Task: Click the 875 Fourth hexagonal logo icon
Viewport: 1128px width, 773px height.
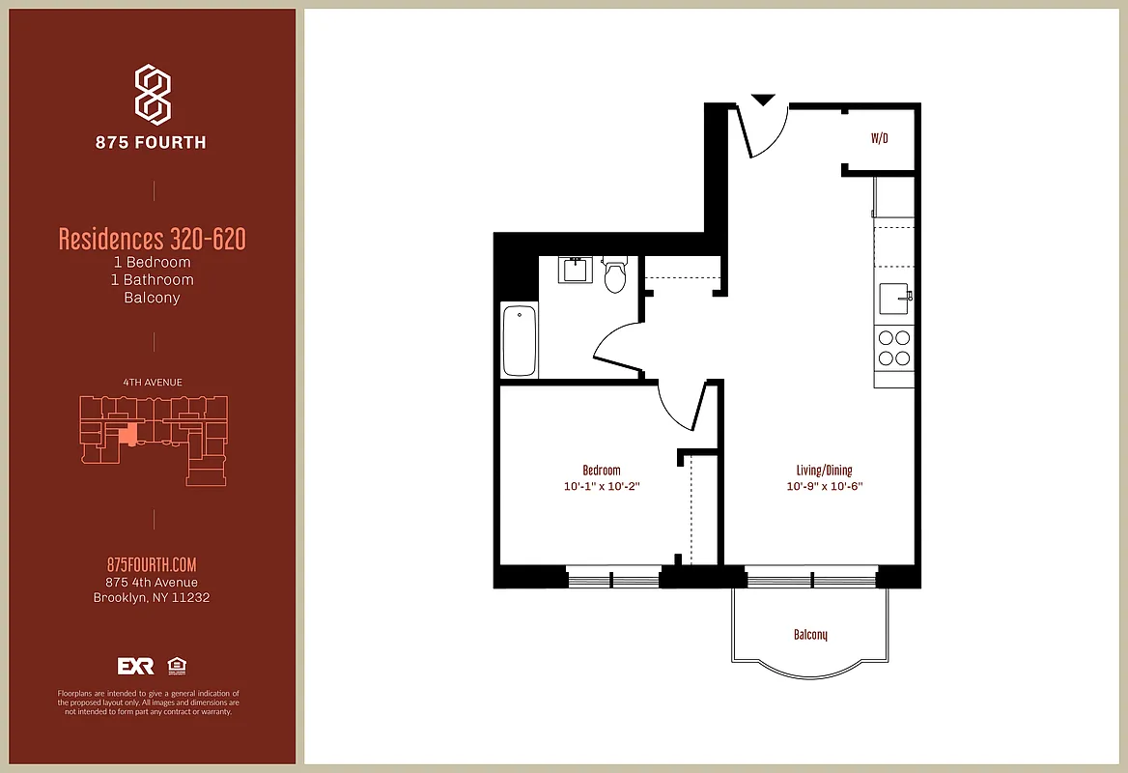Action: point(153,94)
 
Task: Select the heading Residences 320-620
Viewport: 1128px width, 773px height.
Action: point(153,239)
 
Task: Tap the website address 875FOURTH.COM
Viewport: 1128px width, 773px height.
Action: point(152,565)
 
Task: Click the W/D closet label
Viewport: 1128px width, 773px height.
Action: point(879,139)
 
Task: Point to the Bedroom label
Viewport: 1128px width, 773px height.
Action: point(602,471)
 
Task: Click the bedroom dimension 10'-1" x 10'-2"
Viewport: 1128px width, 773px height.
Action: point(602,487)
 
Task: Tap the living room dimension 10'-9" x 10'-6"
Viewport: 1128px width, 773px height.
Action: point(824,487)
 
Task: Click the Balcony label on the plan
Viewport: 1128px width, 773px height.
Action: point(810,635)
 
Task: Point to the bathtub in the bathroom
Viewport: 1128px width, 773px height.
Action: point(520,340)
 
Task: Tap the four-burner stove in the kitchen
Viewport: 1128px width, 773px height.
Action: point(893,348)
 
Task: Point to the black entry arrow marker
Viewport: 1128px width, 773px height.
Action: point(763,100)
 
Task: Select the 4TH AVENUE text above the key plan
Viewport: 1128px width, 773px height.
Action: point(153,383)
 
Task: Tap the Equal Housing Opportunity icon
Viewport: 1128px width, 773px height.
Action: point(177,666)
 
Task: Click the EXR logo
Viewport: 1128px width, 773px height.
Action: point(136,666)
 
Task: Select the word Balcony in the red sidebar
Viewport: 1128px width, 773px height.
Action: point(152,298)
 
